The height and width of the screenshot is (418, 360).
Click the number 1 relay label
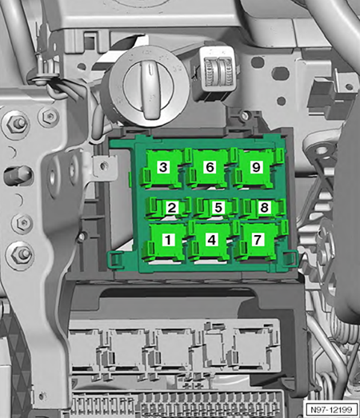168,240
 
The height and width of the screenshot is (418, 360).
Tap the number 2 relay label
172,208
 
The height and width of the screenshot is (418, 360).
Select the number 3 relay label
163,167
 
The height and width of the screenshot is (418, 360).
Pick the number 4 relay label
212,240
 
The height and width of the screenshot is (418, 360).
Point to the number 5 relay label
218,208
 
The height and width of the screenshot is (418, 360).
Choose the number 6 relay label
210,167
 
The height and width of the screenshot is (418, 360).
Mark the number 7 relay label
258,240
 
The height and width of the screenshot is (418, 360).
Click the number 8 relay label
265,207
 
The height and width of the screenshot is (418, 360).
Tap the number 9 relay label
256,167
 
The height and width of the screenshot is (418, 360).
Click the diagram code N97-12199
332,409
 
